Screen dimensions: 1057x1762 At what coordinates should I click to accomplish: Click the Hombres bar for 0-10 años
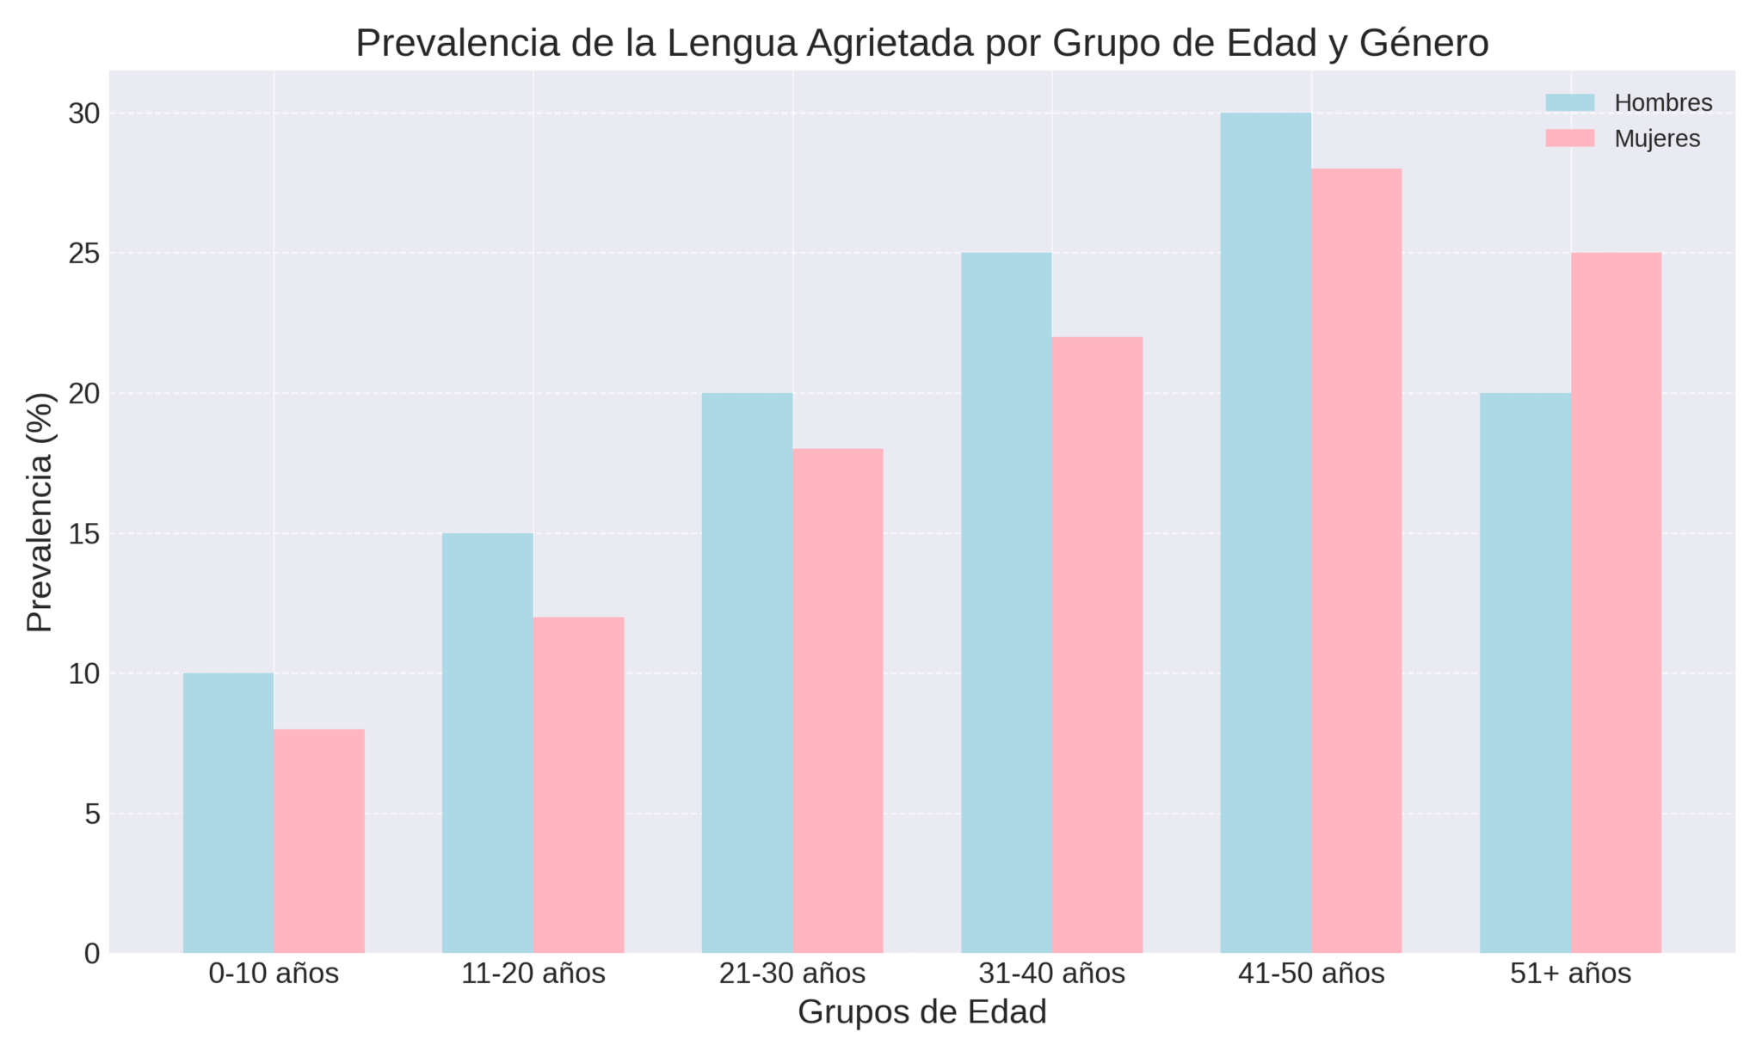228,813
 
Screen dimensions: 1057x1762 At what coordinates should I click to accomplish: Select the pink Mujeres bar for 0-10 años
319,841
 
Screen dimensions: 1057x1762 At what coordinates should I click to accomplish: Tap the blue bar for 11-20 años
488,743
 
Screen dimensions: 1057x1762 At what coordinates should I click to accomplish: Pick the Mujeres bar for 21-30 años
838,701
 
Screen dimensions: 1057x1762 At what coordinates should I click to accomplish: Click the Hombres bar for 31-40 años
1007,602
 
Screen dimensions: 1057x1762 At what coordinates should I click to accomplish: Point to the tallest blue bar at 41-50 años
1266,533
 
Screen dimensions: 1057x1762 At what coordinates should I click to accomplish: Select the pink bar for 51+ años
1616,602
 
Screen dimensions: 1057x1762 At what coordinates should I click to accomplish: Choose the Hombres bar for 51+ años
1525,673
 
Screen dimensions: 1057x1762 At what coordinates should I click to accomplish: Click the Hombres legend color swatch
1569,103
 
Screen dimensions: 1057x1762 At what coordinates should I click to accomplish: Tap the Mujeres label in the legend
1657,138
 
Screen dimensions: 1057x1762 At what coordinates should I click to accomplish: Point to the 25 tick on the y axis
83,254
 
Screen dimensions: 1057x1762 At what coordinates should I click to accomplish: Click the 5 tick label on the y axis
92,814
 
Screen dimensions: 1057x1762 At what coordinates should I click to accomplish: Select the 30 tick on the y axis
83,114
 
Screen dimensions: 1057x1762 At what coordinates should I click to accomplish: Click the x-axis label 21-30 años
792,974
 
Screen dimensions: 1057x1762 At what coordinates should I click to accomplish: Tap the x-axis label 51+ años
1570,974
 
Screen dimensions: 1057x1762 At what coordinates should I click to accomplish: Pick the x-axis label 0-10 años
274,974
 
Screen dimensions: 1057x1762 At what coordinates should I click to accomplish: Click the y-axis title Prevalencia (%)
40,512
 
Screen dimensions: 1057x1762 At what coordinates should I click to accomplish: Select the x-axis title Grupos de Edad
921,1012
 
